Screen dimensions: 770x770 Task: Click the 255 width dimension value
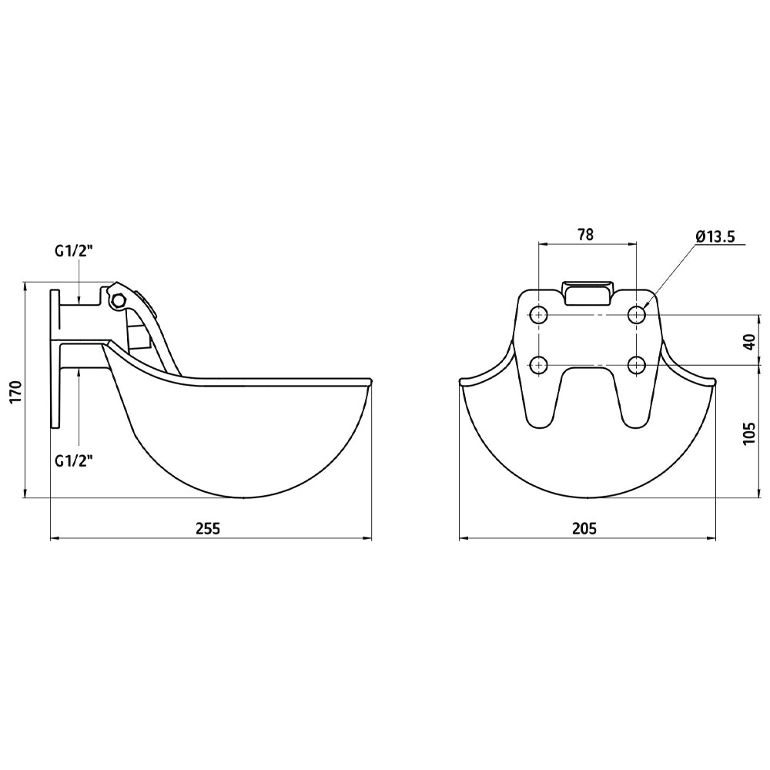click(208, 528)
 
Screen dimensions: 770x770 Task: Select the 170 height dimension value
click(16, 391)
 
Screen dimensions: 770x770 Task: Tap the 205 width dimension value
click(584, 528)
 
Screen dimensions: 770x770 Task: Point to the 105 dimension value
click(749, 433)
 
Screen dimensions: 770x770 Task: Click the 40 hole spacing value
click(749, 342)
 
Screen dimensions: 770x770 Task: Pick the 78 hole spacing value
click(585, 235)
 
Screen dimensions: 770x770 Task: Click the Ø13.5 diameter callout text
click(715, 236)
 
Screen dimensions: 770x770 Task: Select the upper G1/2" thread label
click(74, 251)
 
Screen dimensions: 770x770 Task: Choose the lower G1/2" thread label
click(74, 461)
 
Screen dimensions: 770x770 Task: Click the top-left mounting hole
click(539, 314)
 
